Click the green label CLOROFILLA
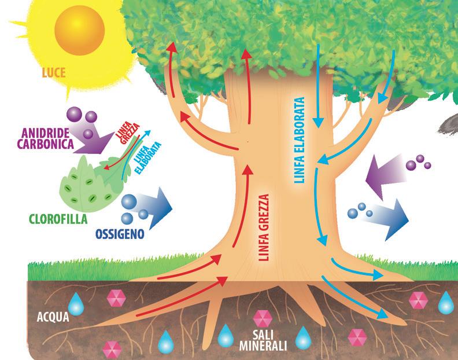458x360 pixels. pyautogui.click(x=57, y=219)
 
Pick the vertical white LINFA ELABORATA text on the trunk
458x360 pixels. pyautogui.click(x=298, y=139)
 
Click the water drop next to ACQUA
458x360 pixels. pyautogui.click(x=76, y=303)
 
